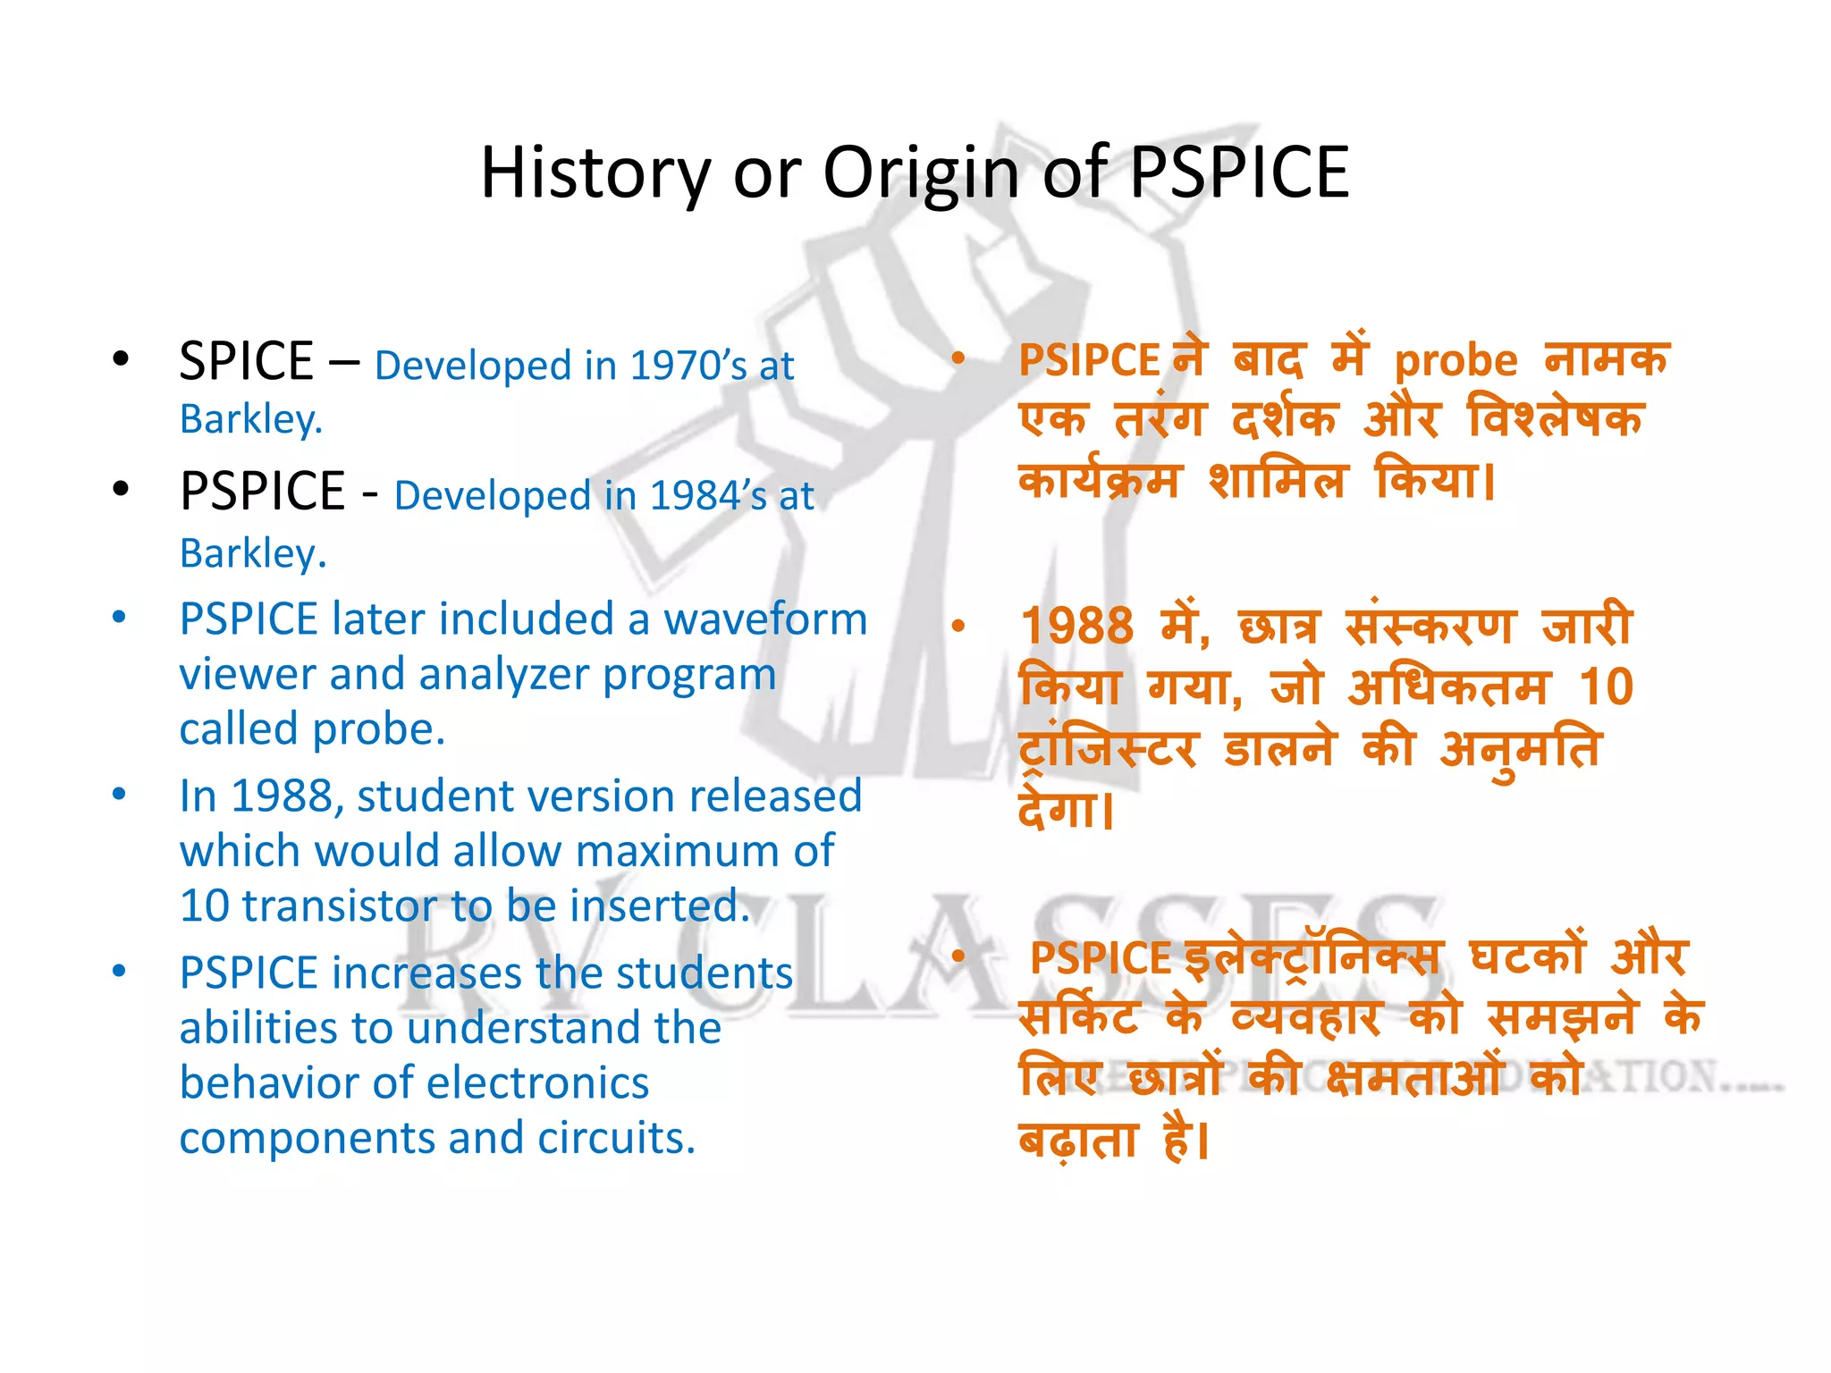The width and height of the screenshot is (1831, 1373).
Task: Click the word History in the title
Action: [x=595, y=173]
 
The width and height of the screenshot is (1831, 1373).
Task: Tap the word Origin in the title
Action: [x=920, y=173]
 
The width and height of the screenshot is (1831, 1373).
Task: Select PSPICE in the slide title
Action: [x=1239, y=173]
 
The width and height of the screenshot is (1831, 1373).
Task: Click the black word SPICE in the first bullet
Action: [x=246, y=361]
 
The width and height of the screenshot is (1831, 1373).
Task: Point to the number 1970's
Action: [x=688, y=365]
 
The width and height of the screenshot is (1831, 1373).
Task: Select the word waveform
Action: [x=765, y=619]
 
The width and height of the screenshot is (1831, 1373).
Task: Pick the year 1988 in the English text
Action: [x=282, y=796]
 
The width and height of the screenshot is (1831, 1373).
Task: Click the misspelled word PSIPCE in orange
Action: [x=1089, y=360]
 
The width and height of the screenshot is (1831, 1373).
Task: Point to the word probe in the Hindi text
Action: [x=1456, y=360]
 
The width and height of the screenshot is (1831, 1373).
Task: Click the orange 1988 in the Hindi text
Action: [x=1076, y=626]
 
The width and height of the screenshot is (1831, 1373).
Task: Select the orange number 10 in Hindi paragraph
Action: [x=1606, y=687]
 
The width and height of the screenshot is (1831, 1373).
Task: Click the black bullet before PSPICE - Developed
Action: [x=122, y=490]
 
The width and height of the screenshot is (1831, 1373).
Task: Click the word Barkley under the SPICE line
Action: [x=250, y=419]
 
